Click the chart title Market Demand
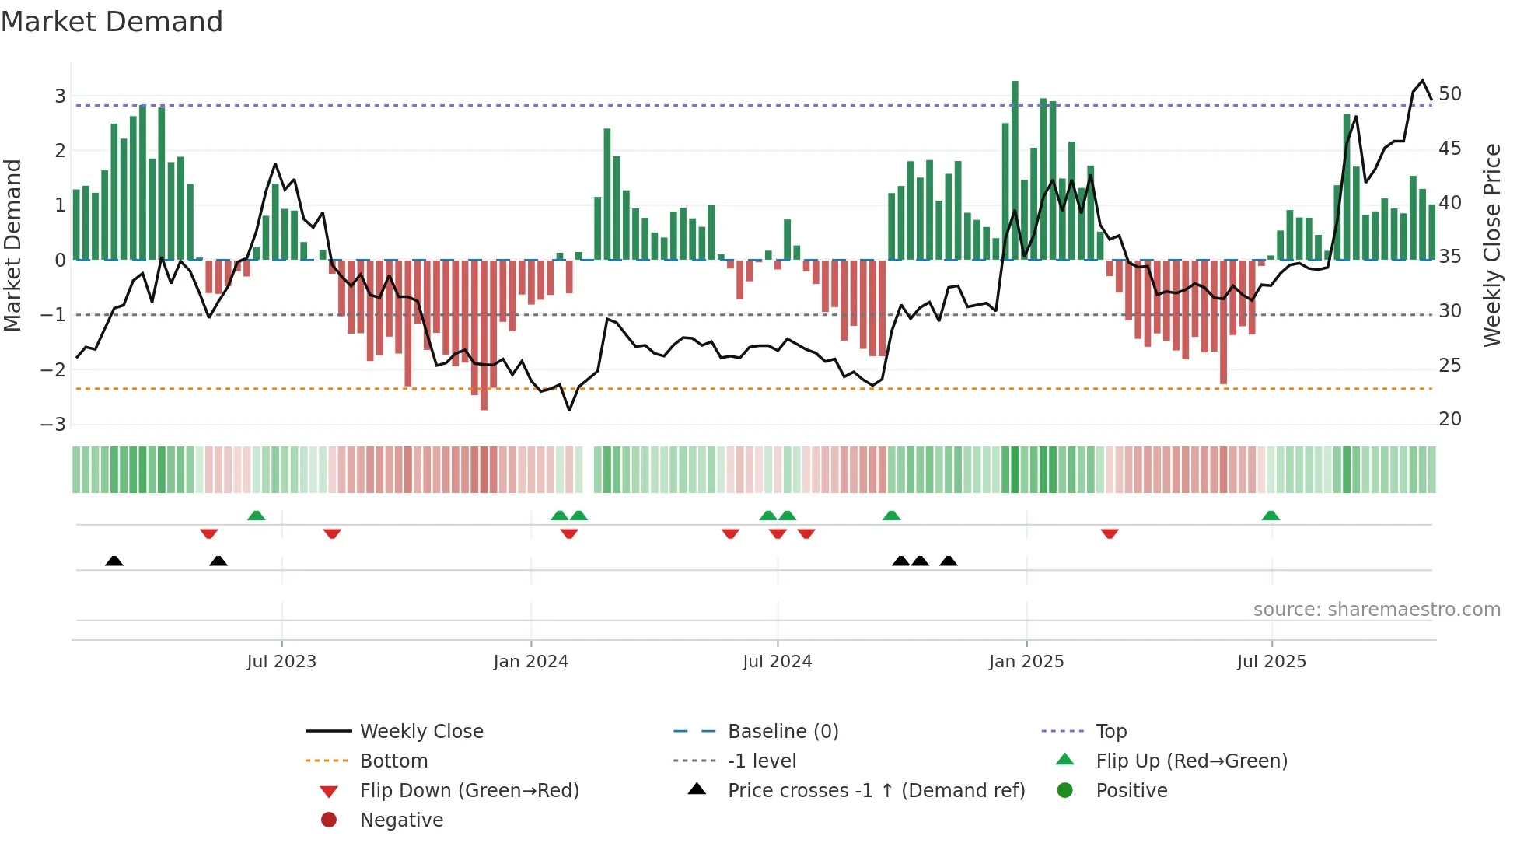(112, 22)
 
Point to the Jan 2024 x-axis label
(530, 662)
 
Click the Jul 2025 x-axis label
(1271, 662)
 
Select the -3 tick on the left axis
(54, 425)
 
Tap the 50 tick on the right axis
(1449, 94)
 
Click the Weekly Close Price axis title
(1491, 245)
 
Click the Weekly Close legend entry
(421, 732)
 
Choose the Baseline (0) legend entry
(782, 732)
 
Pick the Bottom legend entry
(393, 761)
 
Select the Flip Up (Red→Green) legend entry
(1191, 761)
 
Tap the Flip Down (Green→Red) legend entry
(469, 791)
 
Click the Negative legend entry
(401, 820)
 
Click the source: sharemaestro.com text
(1376, 610)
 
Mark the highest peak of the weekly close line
(1422, 81)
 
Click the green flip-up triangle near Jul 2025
(1271, 516)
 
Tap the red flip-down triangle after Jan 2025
(1110, 533)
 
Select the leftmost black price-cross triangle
(114, 561)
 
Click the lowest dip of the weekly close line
(569, 409)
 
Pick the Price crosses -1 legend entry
(876, 791)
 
